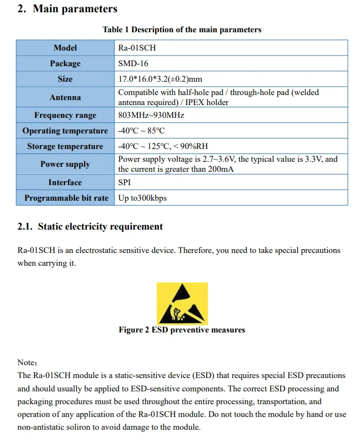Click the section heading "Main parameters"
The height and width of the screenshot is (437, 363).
[x=74, y=9]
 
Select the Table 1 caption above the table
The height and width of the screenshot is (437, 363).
[x=182, y=29]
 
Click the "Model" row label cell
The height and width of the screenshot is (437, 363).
[x=65, y=48]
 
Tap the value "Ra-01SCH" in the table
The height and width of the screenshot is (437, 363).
[x=137, y=48]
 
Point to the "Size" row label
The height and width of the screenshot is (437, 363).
[x=65, y=79]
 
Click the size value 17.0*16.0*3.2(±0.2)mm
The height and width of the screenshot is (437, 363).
[x=160, y=79]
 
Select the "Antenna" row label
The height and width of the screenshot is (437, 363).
[x=65, y=97]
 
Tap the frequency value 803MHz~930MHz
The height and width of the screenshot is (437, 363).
[x=151, y=116]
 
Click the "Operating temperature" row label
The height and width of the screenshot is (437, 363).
[x=65, y=131]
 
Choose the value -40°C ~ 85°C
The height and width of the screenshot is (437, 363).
[x=141, y=131]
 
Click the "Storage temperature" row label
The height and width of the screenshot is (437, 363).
[x=65, y=147]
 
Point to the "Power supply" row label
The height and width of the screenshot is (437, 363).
[x=65, y=165]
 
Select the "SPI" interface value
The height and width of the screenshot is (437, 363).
[x=125, y=182]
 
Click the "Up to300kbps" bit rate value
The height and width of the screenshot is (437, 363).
[x=142, y=198]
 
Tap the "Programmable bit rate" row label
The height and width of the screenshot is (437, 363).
[x=66, y=198]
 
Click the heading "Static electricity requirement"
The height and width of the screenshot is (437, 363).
[x=100, y=227]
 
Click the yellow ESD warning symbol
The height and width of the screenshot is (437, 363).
[x=182, y=303]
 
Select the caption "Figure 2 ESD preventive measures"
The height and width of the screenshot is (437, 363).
[x=182, y=330]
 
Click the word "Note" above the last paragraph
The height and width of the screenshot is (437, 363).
[x=27, y=362]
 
